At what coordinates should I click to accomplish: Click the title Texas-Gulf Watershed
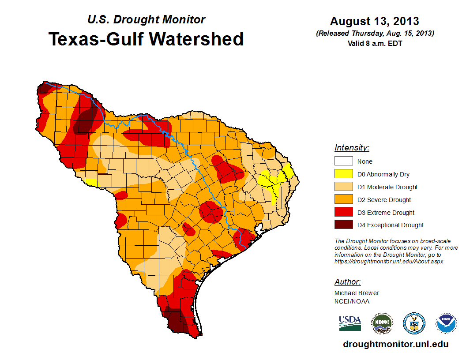(146, 39)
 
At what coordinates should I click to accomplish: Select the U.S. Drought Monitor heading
(146, 19)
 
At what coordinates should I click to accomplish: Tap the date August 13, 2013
(375, 21)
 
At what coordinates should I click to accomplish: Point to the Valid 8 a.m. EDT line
(375, 43)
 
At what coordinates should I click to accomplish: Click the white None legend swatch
(343, 161)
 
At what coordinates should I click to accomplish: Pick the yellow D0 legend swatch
(343, 174)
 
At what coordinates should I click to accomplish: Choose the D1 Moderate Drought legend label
(387, 187)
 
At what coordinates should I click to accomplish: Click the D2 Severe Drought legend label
(384, 200)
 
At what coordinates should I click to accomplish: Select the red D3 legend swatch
(343, 213)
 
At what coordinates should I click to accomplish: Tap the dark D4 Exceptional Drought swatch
(343, 225)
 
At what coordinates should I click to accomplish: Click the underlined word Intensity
(352, 148)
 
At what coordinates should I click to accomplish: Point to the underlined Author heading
(348, 282)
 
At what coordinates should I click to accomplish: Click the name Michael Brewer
(357, 293)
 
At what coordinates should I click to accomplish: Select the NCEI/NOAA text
(352, 301)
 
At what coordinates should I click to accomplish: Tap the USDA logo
(350, 323)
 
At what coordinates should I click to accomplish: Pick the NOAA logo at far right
(447, 323)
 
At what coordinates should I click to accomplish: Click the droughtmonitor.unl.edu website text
(396, 345)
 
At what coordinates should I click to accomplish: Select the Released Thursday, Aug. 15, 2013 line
(375, 34)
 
